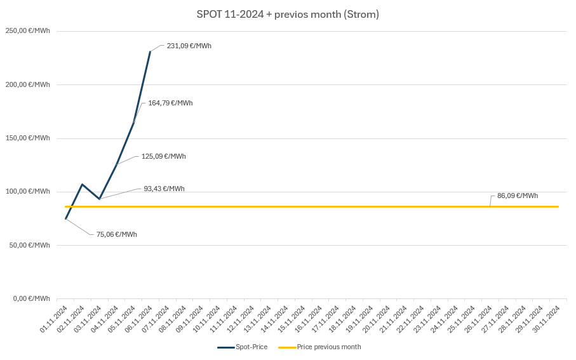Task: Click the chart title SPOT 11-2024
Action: click(288, 14)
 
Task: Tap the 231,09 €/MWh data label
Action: click(189, 46)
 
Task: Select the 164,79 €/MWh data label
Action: click(170, 103)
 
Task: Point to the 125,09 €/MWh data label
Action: click(163, 156)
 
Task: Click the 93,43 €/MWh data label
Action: click(164, 189)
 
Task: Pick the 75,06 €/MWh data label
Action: click(116, 234)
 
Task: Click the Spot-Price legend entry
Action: click(243, 347)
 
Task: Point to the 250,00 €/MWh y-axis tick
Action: click(29, 31)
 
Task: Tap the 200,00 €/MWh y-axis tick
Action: click(29, 84)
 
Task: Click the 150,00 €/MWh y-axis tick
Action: click(29, 138)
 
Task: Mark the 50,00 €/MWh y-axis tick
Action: click(30, 245)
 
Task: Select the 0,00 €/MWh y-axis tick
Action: click(32, 298)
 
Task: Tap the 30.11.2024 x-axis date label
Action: click(547, 319)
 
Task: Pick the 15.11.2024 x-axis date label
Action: click(292, 319)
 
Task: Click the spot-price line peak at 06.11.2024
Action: click(150, 51)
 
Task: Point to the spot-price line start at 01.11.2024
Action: click(65, 218)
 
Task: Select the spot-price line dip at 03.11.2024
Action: click(99, 199)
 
